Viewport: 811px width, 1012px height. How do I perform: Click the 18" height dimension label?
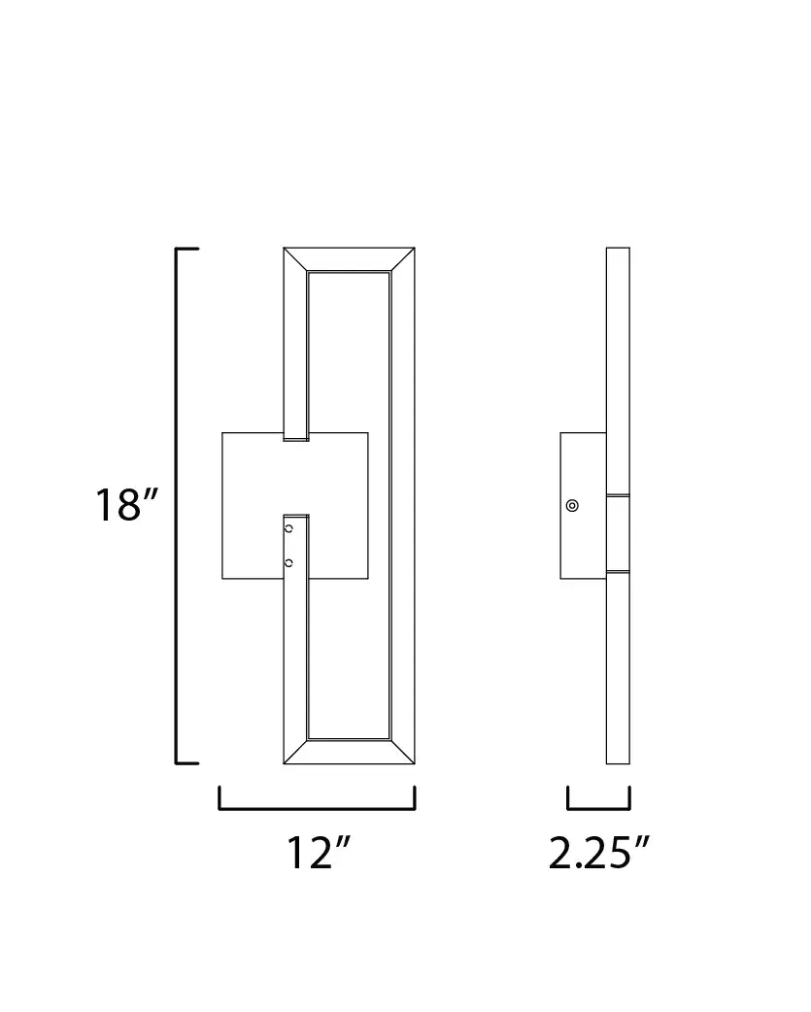(x=125, y=506)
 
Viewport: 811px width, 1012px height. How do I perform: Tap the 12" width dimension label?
(x=317, y=853)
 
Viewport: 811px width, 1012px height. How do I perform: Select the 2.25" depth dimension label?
(x=598, y=853)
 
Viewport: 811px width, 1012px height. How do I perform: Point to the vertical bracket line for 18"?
(x=177, y=505)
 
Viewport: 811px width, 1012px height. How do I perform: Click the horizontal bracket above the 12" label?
(x=317, y=806)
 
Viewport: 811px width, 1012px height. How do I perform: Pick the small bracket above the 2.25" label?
(x=598, y=806)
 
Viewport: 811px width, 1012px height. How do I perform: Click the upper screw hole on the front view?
(x=288, y=528)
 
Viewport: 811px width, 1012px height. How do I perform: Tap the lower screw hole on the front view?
(x=288, y=561)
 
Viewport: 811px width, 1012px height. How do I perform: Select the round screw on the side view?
(x=572, y=505)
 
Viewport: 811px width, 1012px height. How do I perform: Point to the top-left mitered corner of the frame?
(x=295, y=260)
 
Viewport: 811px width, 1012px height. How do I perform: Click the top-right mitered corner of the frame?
(x=402, y=260)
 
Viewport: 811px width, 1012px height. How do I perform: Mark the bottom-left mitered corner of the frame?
(x=295, y=751)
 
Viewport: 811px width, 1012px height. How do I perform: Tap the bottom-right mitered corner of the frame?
(x=402, y=751)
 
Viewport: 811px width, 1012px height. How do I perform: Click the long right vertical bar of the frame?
(x=402, y=505)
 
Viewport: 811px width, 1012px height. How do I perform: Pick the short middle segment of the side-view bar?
(x=618, y=532)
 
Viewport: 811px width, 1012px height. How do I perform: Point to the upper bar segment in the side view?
(x=618, y=369)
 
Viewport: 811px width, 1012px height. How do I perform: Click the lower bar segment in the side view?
(x=618, y=670)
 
